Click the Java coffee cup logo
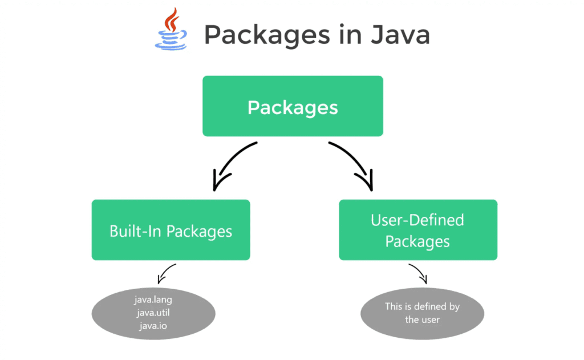[171, 29]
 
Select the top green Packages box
[293, 106]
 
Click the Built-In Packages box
[171, 230]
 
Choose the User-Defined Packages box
[418, 230]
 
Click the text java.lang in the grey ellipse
[153, 300]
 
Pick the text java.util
[153, 313]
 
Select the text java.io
[153, 326]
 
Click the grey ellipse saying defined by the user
[423, 313]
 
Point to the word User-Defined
[417, 220]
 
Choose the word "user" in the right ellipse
[430, 319]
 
